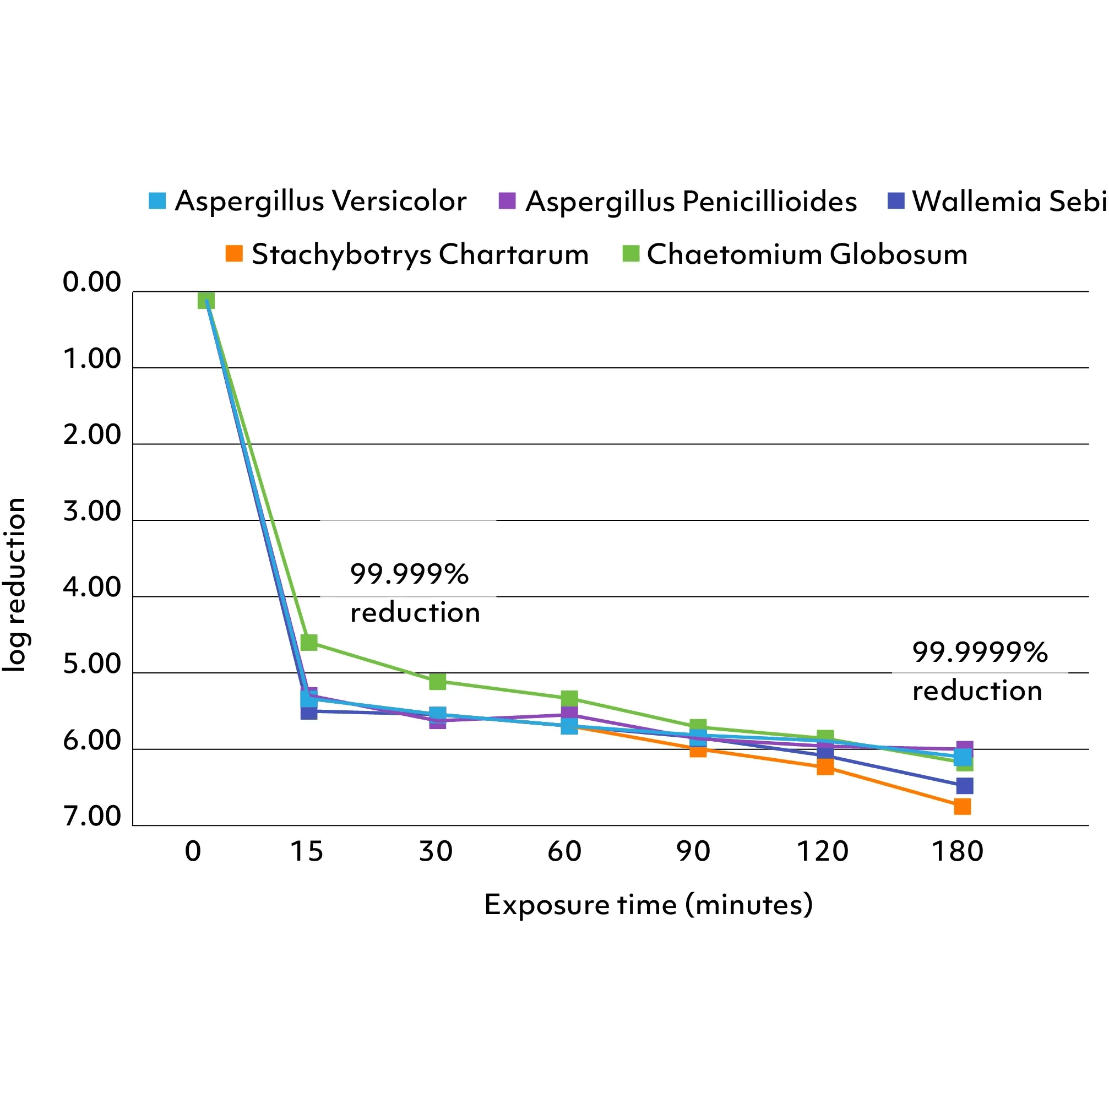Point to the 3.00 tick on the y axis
click(92, 511)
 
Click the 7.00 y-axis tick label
click(92, 816)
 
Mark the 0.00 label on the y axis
click(92, 282)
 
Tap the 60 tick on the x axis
click(565, 851)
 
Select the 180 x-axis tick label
click(957, 851)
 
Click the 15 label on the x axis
click(307, 851)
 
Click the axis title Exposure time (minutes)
click(648, 905)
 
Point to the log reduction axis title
click(15, 584)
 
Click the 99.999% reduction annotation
click(415, 593)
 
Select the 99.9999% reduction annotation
click(979, 671)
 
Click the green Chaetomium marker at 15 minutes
click(309, 642)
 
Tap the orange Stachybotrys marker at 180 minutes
click(962, 807)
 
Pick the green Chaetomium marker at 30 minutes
click(437, 681)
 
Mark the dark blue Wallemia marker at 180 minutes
click(964, 785)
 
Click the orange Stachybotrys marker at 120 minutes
click(825, 767)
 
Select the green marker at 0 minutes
click(206, 300)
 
